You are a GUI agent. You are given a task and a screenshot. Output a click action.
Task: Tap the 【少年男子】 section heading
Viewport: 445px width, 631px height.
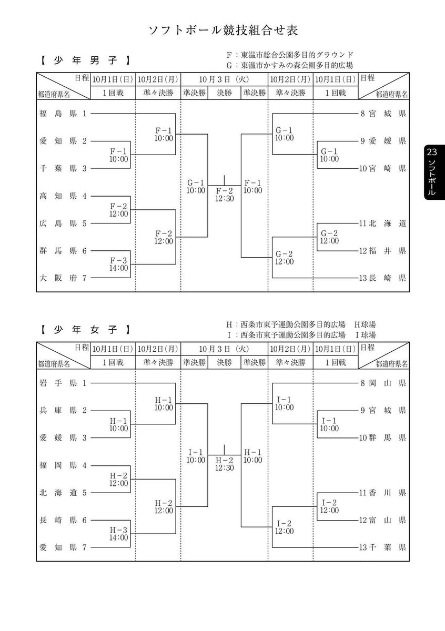coord(84,61)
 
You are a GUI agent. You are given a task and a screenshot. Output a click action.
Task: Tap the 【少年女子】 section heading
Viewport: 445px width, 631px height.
coord(84,330)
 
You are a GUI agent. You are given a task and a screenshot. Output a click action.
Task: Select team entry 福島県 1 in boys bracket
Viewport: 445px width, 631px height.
coord(63,113)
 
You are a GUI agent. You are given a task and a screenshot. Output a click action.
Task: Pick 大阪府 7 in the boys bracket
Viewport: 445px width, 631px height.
coord(63,278)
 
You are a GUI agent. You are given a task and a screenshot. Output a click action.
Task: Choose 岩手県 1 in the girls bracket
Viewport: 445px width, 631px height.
coord(63,383)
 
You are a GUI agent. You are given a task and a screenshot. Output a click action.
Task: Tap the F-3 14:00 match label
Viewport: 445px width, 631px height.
coord(119,264)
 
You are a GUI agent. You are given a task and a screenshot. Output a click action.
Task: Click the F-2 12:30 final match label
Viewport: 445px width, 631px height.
coord(225,195)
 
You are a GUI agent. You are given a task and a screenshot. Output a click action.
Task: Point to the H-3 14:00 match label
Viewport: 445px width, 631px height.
coord(119,533)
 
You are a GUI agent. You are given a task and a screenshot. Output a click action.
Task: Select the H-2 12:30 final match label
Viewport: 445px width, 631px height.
coord(225,464)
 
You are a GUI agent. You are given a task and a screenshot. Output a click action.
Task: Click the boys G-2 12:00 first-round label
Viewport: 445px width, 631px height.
coord(329,237)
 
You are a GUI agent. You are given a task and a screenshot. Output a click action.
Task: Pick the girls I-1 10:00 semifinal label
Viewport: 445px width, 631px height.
coord(196,456)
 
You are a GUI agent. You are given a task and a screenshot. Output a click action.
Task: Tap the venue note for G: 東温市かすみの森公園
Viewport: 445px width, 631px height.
coord(289,65)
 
